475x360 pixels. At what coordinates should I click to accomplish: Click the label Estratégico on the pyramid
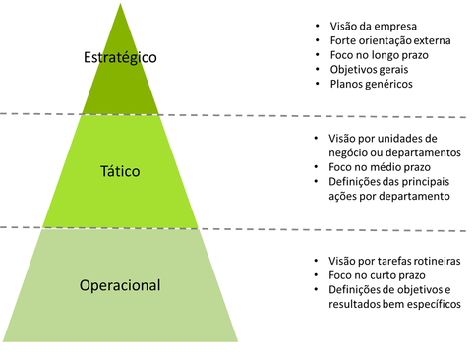pyautogui.click(x=121, y=57)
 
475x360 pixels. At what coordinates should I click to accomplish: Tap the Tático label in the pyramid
pyautogui.click(x=121, y=171)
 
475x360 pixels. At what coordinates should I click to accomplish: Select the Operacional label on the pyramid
pyautogui.click(x=120, y=286)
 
